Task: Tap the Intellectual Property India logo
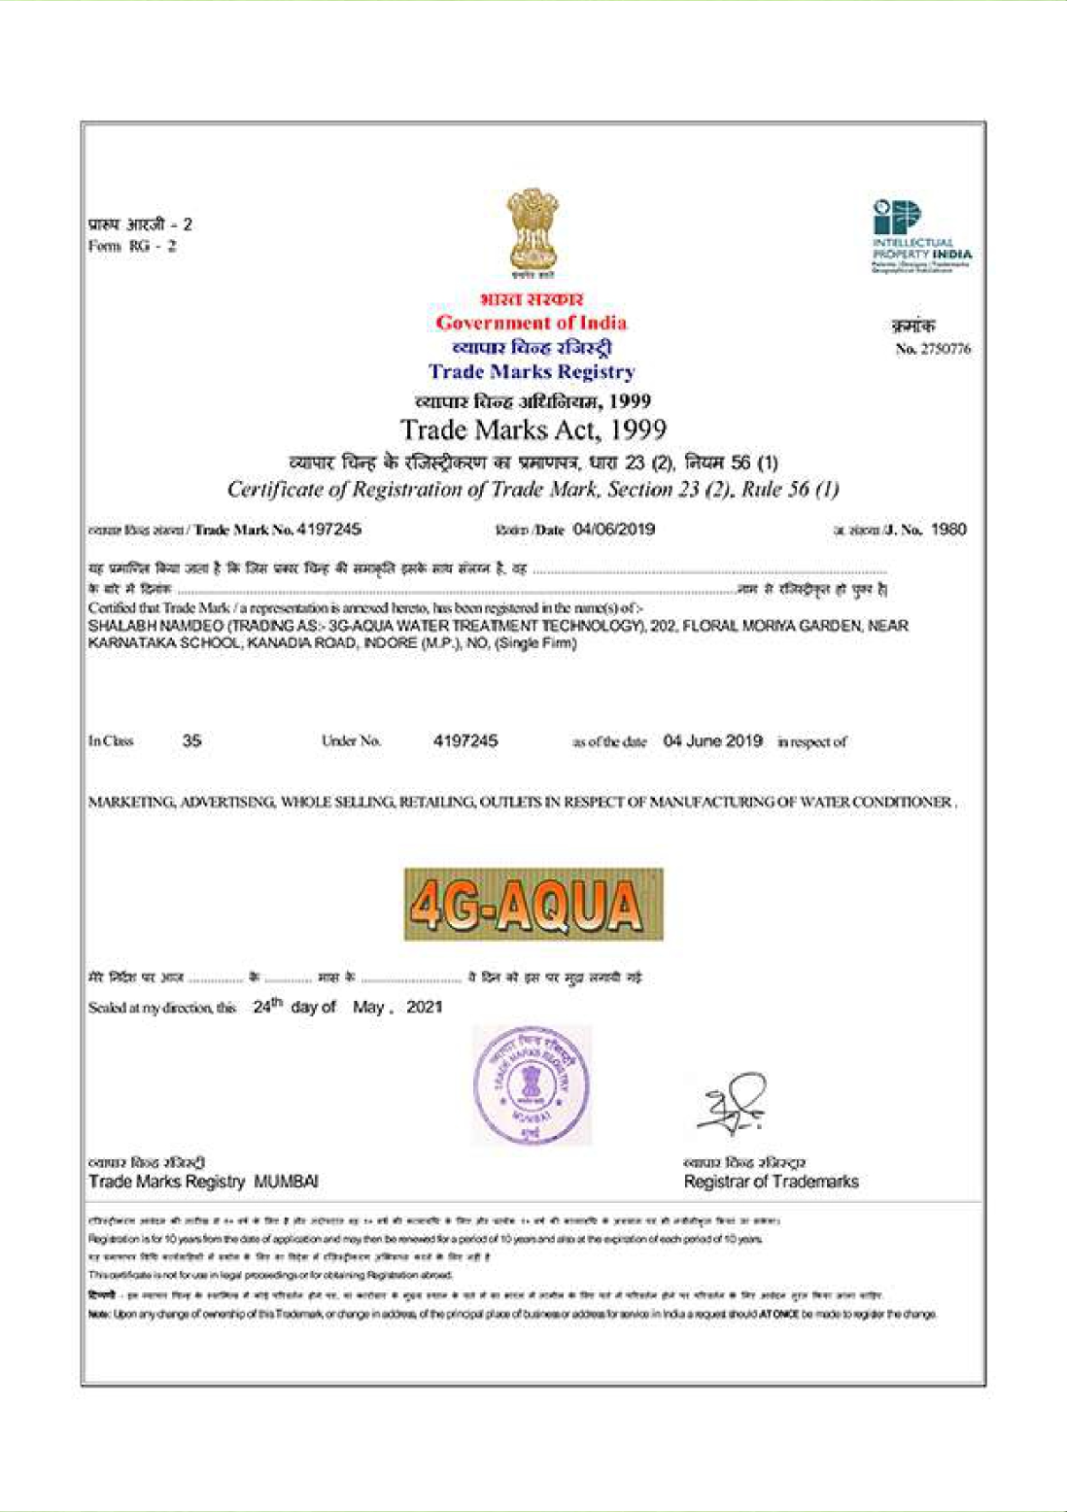coord(919,236)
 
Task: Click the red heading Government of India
coord(531,323)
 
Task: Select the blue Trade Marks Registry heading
coord(532,371)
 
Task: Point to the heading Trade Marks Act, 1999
coord(533,430)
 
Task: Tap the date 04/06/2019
coord(614,530)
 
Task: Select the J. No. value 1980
coord(948,530)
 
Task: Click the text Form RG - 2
coord(132,246)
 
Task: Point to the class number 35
coord(191,740)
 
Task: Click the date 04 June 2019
coord(712,740)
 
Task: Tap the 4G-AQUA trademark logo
coord(533,905)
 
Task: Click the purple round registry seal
coord(531,1084)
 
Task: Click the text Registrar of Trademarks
coord(771,1182)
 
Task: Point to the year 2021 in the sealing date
coord(425,1007)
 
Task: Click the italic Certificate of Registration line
coord(533,489)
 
